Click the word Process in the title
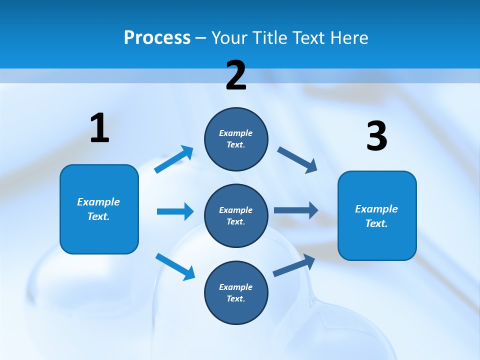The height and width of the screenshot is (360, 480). point(157,38)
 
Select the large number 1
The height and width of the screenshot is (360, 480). point(99,128)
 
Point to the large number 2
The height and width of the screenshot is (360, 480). point(236,76)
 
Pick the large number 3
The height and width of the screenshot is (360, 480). point(376,136)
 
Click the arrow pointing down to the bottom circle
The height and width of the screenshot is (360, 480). point(175,266)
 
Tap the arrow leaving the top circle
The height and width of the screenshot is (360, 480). point(297,159)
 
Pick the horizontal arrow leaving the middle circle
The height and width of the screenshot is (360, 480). point(296,210)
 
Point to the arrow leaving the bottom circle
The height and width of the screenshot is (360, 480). point(294,265)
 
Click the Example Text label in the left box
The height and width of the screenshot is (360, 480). point(98,209)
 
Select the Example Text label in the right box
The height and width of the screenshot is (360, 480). point(376,216)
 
